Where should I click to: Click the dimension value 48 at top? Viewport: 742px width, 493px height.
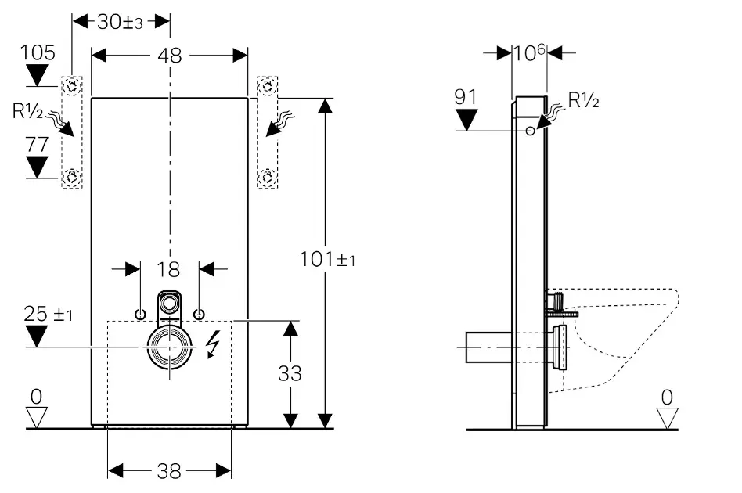coord(170,56)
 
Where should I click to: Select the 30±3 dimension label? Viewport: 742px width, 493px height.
coord(120,21)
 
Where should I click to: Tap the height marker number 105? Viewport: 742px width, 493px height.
coord(38,53)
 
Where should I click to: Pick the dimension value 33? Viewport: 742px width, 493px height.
coord(290,373)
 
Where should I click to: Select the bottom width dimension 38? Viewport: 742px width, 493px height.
coord(169,470)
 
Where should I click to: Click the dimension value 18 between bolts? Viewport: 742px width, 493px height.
coord(169,269)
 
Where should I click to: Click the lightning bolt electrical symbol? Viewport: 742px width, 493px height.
coord(212,345)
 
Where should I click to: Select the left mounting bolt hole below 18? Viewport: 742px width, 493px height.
coord(140,314)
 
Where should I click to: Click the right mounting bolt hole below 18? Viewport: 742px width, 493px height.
coord(199,314)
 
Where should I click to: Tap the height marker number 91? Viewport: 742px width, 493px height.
coord(466,97)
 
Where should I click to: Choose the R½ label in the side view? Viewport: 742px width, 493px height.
coord(583,100)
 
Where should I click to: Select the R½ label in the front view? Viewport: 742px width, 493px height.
coord(27,111)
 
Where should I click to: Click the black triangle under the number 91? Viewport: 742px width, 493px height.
coord(466,120)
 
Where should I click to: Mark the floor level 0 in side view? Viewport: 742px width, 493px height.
coord(666,397)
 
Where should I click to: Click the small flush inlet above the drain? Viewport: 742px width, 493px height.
coord(169,300)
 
